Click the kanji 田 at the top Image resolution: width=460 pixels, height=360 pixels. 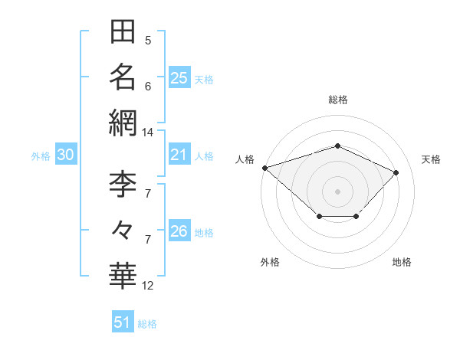(x=123, y=31)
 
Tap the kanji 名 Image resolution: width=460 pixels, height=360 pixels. (x=123, y=77)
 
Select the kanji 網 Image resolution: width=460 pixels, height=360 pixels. (x=123, y=123)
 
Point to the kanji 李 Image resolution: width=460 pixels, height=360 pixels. (x=123, y=184)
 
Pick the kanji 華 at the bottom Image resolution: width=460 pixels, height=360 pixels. (x=123, y=276)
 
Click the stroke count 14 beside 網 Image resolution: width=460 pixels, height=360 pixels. (x=147, y=133)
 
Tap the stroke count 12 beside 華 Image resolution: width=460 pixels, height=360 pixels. (x=147, y=286)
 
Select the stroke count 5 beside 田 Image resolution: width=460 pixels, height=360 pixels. (x=148, y=41)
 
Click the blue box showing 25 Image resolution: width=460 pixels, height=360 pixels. (x=179, y=77)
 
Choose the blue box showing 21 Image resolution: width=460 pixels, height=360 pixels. (x=179, y=154)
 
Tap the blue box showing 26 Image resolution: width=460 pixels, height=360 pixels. (x=179, y=230)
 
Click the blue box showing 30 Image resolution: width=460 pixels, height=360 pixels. (x=66, y=154)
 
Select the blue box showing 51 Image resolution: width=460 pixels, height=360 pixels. (x=123, y=321)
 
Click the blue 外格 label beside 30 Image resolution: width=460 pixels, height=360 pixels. (x=41, y=156)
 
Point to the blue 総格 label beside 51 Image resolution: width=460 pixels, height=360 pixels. (x=147, y=324)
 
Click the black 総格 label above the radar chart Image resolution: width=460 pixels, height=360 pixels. (x=338, y=100)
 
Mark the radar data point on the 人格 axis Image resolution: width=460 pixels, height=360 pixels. (x=265, y=168)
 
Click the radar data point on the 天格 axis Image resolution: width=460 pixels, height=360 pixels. (x=396, y=172)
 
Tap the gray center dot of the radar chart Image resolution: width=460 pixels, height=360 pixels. (x=337, y=191)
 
